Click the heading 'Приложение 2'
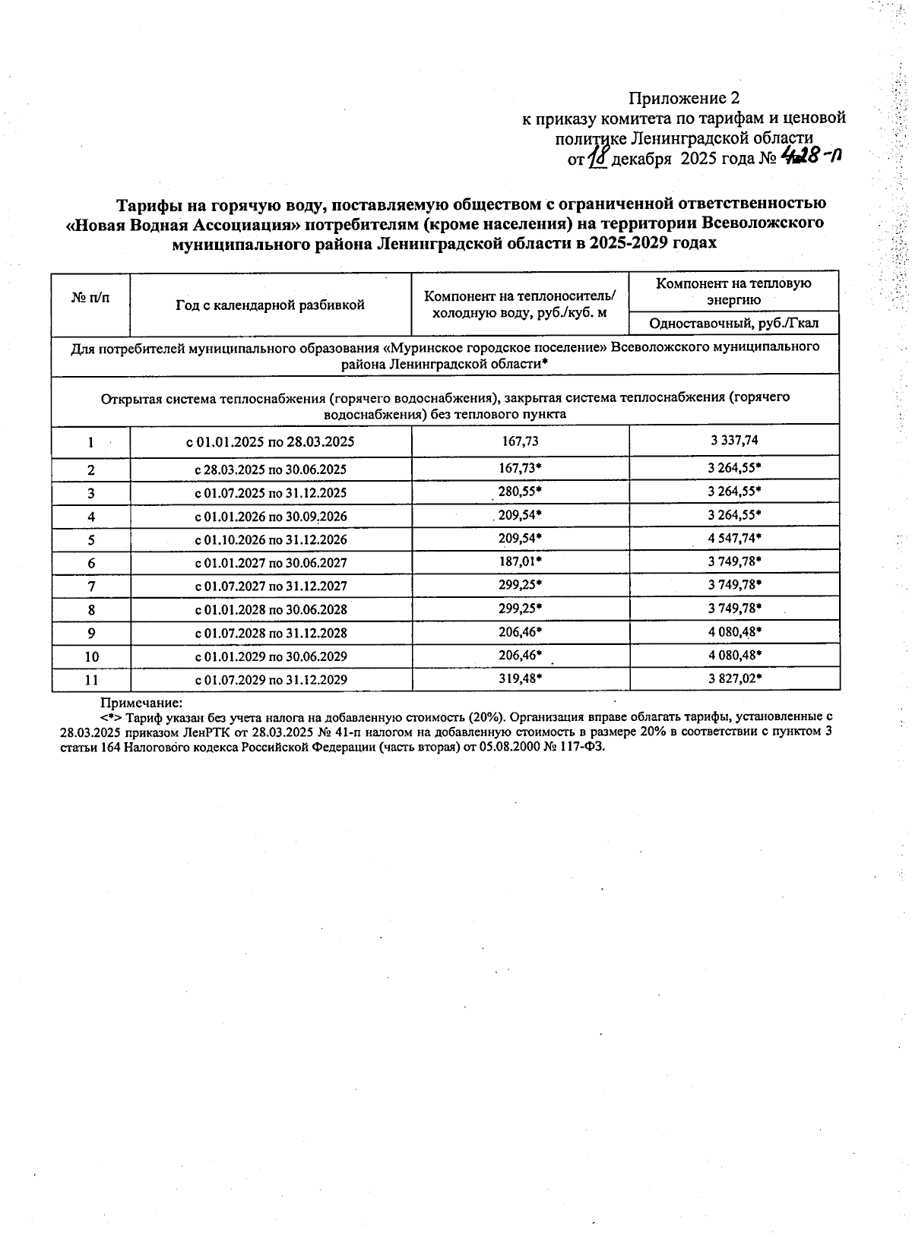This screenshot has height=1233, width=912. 683,98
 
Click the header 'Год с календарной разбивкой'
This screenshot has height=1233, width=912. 270,305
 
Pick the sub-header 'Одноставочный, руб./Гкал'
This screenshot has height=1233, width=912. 733,324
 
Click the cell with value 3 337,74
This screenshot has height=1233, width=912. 733,440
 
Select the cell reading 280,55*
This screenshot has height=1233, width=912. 520,492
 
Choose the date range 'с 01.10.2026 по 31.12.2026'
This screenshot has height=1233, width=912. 271,539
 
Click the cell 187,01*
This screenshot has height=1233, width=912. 520,561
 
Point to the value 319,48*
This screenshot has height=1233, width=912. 520,678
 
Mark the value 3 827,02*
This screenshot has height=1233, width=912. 734,678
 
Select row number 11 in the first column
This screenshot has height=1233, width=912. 91,680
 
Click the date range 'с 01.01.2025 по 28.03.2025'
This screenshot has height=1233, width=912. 271,441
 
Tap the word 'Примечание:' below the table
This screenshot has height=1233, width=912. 142,703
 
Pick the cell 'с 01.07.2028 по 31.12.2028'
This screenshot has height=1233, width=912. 271,633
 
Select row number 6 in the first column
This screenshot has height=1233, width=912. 91,563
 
